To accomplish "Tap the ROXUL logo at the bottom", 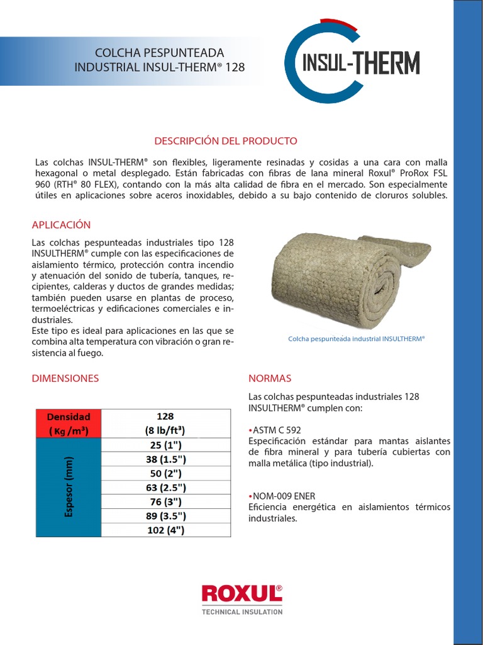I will tap(241, 593).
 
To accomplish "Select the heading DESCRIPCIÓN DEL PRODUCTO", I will tap(226, 141).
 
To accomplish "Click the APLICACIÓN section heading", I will tap(61, 225).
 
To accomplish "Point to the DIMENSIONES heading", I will tap(65, 379).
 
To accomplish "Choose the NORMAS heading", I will tap(270, 379).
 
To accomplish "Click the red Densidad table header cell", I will tap(69, 424).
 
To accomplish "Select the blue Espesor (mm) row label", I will tap(69, 488).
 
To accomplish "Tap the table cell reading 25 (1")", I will tap(165, 445).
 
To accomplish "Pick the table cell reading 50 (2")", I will tap(165, 474).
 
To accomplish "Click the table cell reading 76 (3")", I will tap(165, 502).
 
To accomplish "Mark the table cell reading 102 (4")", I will tap(165, 530).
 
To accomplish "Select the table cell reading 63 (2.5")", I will tap(165, 488).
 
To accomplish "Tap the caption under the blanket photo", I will tap(357, 338).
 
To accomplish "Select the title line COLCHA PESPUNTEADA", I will tap(159, 53).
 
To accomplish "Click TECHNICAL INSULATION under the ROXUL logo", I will tap(241, 612).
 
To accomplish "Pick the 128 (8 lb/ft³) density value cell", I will tap(165, 424).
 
